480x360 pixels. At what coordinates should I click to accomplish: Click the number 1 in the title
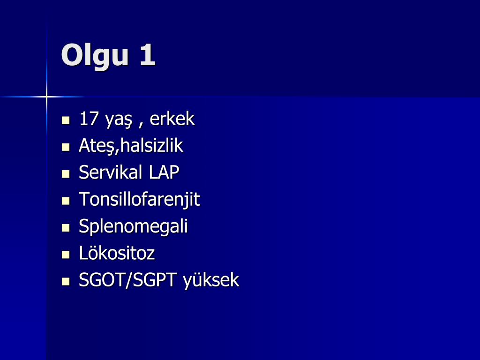[147, 55]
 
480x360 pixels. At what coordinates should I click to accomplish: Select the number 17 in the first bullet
[89, 119]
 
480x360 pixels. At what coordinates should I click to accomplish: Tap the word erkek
[172, 119]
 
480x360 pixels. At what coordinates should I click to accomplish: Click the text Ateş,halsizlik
[131, 146]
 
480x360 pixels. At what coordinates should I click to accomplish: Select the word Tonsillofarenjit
[139, 200]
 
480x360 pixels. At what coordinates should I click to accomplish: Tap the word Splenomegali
[133, 227]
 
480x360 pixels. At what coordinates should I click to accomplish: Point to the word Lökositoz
[117, 254]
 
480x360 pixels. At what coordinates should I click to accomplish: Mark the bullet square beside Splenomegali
[66, 228]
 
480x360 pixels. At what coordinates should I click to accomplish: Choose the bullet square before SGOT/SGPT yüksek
[66, 282]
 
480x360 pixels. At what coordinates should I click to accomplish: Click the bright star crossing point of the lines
[46, 97]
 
